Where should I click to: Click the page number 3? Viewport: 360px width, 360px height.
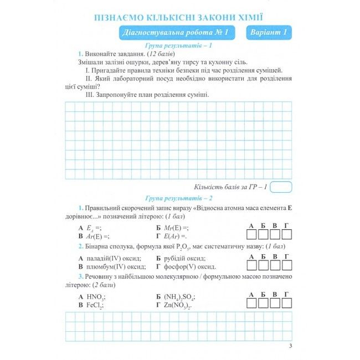coord(290,347)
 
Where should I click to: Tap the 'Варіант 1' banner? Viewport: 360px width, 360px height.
coord(268,33)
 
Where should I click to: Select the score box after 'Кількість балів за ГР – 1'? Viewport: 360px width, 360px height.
coord(282,187)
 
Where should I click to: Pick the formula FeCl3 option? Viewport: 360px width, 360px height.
coord(96,305)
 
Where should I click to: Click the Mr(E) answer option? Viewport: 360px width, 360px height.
coord(177,228)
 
